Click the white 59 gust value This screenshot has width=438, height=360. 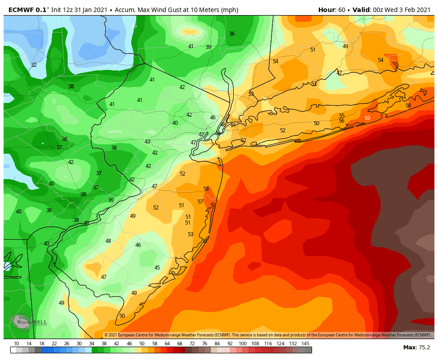(x=367, y=118)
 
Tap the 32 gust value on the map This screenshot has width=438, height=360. (x=34, y=65)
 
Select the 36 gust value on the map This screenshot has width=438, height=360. (x=232, y=34)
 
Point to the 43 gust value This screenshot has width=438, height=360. (x=147, y=142)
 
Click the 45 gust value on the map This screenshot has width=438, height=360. (x=157, y=268)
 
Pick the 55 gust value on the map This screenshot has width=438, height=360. (x=342, y=116)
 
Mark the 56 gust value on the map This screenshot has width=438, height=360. (x=341, y=121)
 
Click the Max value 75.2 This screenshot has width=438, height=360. (x=424, y=348)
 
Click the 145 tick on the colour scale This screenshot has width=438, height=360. (x=305, y=344)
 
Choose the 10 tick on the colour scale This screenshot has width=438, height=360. (x=16, y=344)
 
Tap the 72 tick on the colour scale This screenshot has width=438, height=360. (x=192, y=344)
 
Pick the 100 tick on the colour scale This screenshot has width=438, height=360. (x=242, y=344)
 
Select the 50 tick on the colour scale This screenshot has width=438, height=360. (x=142, y=344)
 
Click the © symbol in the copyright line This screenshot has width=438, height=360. (x=106, y=335)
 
